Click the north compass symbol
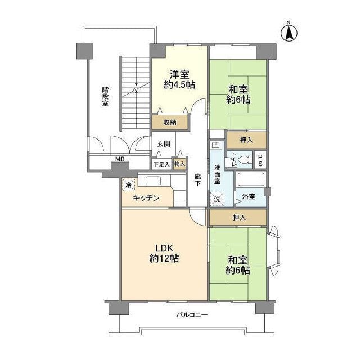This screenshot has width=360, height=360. click(x=289, y=32)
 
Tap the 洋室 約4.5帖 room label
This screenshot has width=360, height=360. click(x=178, y=79)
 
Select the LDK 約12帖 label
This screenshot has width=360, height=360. click(x=164, y=254)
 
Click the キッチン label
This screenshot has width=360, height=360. click(x=146, y=198)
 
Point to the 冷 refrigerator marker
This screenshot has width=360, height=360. click(x=129, y=185)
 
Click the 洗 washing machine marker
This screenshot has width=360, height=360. click(x=217, y=199)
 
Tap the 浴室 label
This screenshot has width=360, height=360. click(x=249, y=196)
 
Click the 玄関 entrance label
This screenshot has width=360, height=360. click(x=164, y=144)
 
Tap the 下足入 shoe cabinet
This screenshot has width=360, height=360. click(x=161, y=164)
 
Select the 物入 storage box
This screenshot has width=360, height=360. click(x=179, y=164)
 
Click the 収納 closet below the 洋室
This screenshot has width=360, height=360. click(x=169, y=123)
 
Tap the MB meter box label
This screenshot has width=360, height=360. click(x=119, y=160)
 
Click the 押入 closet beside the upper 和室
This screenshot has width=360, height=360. click(x=246, y=139)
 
